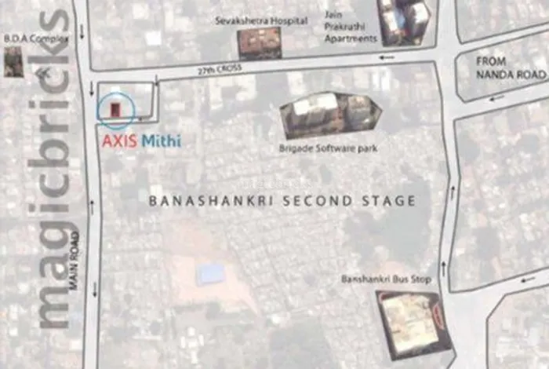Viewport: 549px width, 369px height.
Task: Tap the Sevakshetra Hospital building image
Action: (x=260, y=43)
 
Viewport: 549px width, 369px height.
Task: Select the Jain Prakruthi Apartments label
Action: (x=350, y=26)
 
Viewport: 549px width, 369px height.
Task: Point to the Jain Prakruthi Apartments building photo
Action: (x=403, y=21)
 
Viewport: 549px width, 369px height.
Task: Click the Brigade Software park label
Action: (x=329, y=148)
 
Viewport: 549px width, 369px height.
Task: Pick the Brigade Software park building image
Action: (x=330, y=115)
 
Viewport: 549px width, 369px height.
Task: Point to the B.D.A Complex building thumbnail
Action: (x=13, y=60)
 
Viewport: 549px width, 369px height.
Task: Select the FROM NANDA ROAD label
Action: (x=510, y=67)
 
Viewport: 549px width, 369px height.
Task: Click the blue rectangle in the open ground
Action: (x=210, y=274)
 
